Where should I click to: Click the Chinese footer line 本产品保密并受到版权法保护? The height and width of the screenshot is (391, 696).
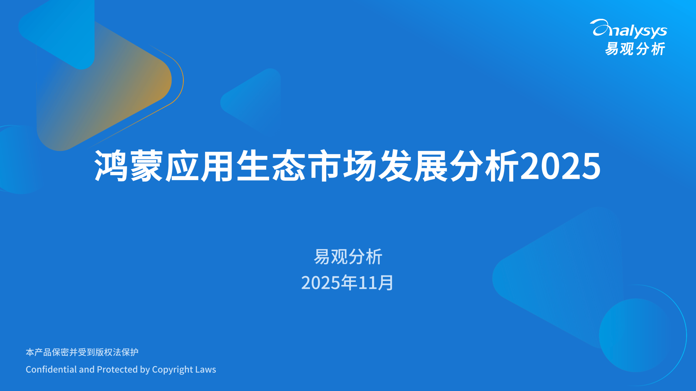tap(82, 352)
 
